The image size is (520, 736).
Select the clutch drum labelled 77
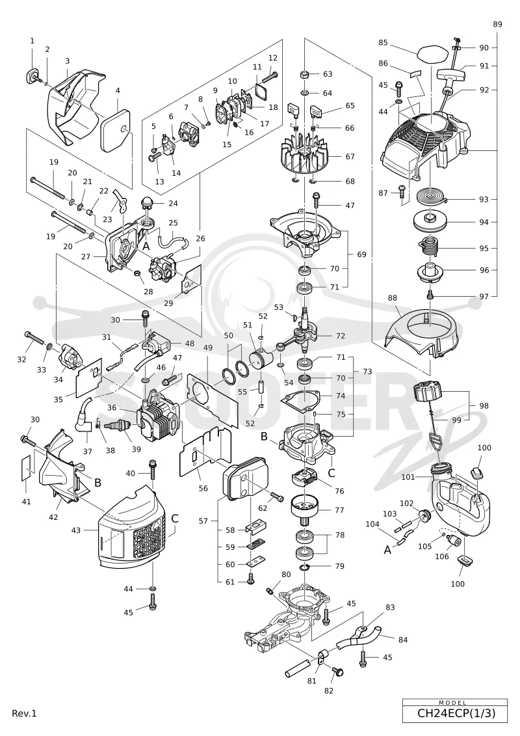(x=305, y=510)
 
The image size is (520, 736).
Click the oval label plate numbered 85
(x=427, y=51)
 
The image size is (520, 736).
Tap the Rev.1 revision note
(x=25, y=713)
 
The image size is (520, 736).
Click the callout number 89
(x=497, y=24)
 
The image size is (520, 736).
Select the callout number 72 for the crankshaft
(x=341, y=336)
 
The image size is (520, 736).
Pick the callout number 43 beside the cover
(x=76, y=530)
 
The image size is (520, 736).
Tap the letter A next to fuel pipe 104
(x=388, y=550)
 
